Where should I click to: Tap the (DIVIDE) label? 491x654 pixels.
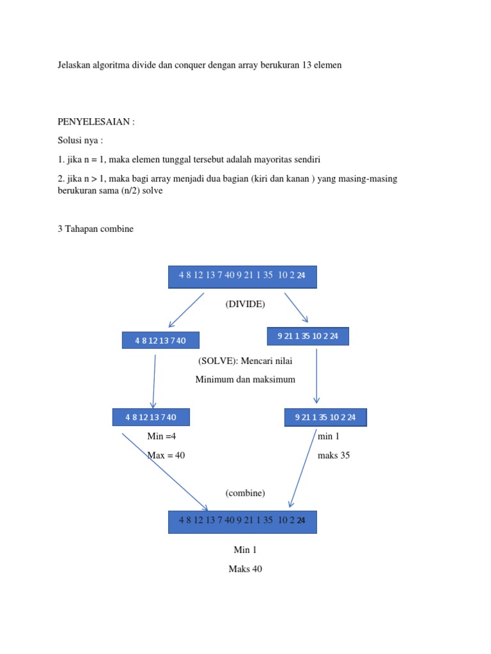point(245,304)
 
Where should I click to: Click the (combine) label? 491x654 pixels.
point(245,493)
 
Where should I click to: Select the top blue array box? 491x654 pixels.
point(242,277)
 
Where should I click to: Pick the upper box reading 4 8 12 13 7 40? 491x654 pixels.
point(160,340)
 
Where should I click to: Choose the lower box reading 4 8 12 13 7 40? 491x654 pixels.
point(151,417)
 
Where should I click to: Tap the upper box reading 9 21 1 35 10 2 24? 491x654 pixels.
point(308,337)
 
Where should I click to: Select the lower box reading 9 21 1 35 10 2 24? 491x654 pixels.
point(325,418)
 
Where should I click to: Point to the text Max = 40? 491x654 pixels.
point(166,455)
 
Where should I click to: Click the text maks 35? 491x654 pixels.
point(334,455)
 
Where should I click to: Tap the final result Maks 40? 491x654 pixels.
point(245,569)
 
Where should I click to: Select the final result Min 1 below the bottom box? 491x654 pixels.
point(245,549)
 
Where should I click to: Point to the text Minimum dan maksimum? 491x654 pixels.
point(245,379)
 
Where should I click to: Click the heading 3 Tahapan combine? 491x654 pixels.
point(96,229)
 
